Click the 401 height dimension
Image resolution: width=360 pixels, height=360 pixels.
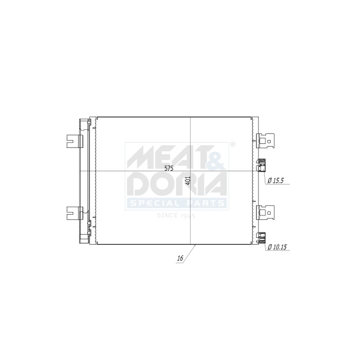point(189,180)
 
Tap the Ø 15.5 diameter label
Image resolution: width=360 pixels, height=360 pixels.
point(276,181)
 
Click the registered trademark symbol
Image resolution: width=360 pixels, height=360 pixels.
point(231,144)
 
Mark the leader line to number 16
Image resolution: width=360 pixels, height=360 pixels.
point(189,253)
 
